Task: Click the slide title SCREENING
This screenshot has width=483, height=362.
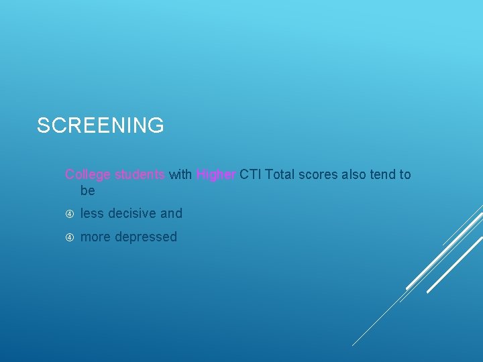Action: (x=100, y=125)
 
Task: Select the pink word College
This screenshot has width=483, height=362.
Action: (x=88, y=175)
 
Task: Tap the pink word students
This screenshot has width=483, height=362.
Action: (x=140, y=175)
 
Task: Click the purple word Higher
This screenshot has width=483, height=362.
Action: (x=215, y=175)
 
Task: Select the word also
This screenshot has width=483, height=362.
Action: (x=355, y=175)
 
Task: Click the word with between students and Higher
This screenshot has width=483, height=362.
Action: (x=180, y=175)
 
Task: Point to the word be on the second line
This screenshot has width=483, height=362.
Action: (x=88, y=191)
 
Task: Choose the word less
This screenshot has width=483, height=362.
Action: (x=93, y=214)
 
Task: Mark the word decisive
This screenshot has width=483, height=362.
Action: (x=132, y=214)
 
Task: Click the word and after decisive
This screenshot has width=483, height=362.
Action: (x=171, y=214)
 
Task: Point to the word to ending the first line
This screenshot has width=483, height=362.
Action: (x=405, y=175)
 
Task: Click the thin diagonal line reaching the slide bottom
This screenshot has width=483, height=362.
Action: (x=376, y=322)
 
